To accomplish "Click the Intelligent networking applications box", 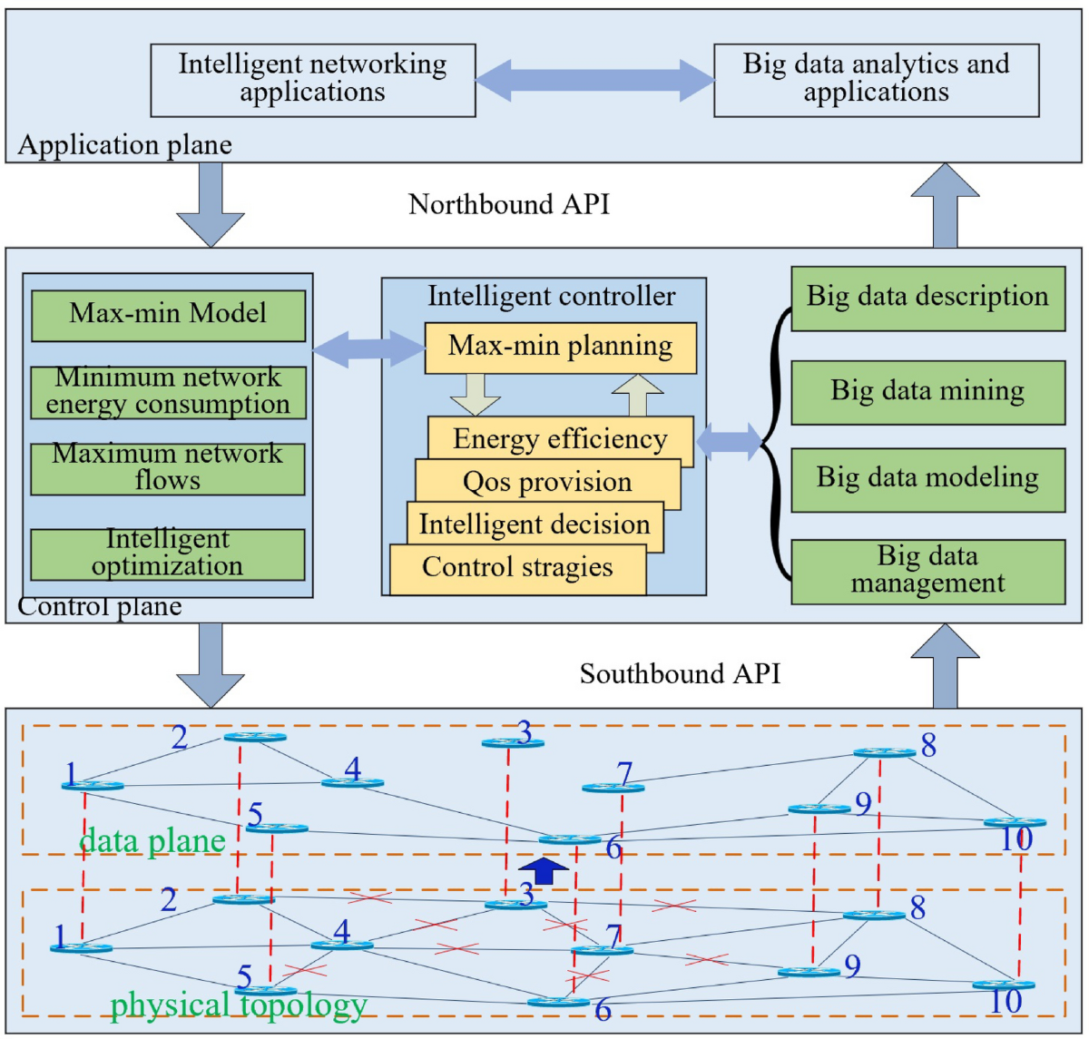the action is click(313, 80).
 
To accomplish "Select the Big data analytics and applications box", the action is click(877, 80).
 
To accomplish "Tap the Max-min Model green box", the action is click(169, 316).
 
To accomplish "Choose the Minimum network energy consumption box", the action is click(169, 393).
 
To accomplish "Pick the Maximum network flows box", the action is click(168, 469).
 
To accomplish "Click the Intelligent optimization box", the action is click(168, 555).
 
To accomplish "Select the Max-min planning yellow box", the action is click(561, 348).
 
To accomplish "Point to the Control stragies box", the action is click(518, 570).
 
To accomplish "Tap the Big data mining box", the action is click(927, 393).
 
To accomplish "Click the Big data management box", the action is click(927, 572).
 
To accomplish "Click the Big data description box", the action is click(927, 299).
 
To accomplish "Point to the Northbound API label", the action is click(509, 204).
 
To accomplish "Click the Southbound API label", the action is click(681, 674).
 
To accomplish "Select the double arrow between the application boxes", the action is click(595, 81).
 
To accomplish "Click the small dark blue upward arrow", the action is click(545, 870).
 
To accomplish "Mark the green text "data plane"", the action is click(152, 841).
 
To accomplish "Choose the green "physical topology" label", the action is click(239, 1005).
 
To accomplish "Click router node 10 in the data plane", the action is click(1015, 822).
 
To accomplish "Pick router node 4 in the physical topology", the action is click(342, 945).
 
